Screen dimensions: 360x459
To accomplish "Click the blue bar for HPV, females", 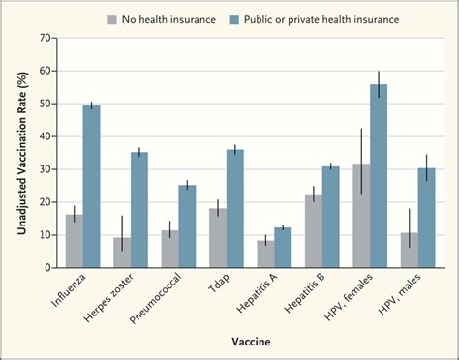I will click(377, 176).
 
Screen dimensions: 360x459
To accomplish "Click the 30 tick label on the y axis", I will click(45, 168).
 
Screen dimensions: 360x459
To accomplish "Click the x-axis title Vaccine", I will click(250, 342).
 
